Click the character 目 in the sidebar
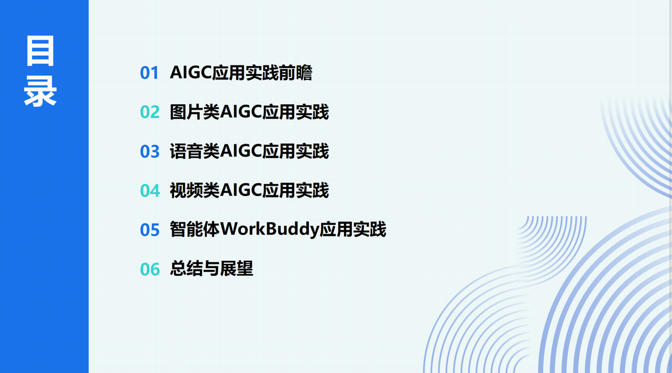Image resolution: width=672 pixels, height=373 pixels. [40, 51]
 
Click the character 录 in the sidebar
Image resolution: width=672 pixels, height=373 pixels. [40, 91]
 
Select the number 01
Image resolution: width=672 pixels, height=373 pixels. [150, 73]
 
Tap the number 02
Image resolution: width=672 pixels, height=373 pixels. [150, 112]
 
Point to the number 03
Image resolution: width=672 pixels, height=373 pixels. [150, 152]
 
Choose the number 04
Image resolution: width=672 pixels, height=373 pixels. [150, 191]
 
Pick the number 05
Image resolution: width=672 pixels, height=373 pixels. [150, 230]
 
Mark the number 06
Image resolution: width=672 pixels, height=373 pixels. [150, 269]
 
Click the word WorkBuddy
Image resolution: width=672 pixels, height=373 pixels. [269, 230]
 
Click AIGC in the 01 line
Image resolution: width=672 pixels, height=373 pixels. [191, 72]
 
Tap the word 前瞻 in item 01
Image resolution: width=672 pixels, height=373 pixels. [296, 72]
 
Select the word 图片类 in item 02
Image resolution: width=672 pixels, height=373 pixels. [195, 112]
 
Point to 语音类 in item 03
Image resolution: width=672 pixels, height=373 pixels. [195, 152]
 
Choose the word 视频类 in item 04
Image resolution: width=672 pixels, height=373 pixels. [195, 190]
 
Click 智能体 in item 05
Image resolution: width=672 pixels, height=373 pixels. [195, 229]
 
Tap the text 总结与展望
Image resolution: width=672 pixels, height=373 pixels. [212, 269]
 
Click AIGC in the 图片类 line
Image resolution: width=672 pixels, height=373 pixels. [241, 112]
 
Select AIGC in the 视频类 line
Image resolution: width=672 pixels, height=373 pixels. [241, 190]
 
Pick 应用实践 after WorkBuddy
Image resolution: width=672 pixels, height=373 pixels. [353, 229]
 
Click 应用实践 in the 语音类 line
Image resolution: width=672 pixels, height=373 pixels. [295, 152]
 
